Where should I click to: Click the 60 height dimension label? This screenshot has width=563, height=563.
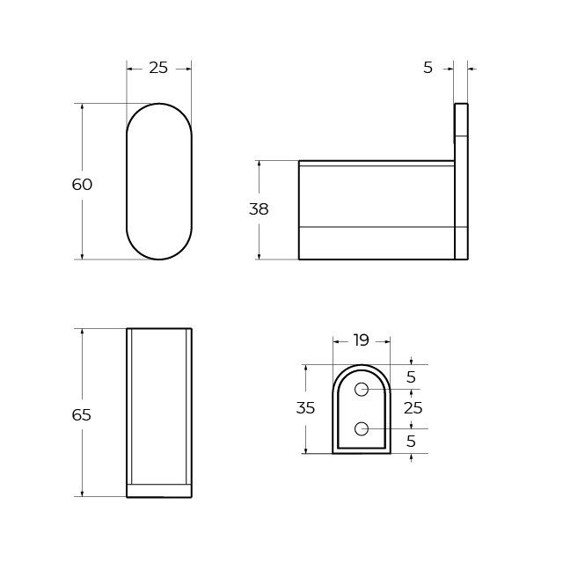(x=82, y=185)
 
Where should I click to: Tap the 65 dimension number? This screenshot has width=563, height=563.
(x=82, y=414)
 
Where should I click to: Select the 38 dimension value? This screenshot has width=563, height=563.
(x=259, y=209)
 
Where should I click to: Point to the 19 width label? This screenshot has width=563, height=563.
(x=361, y=340)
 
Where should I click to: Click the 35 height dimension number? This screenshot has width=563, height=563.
(x=305, y=408)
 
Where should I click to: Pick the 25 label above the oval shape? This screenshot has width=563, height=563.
(x=158, y=68)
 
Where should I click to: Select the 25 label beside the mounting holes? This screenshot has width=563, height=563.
(x=413, y=408)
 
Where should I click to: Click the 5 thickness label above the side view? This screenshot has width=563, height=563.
(x=428, y=68)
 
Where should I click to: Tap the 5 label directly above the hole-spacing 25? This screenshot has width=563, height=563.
(x=411, y=377)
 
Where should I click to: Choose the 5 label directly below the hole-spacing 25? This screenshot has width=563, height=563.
(x=411, y=442)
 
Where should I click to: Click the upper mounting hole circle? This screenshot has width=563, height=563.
(x=362, y=389)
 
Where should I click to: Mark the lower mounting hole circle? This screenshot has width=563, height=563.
(x=362, y=428)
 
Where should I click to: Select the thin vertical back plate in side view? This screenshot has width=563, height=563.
(x=461, y=181)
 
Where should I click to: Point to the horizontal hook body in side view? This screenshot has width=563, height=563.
(x=377, y=210)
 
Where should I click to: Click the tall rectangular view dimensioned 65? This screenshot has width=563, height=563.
(x=159, y=413)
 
